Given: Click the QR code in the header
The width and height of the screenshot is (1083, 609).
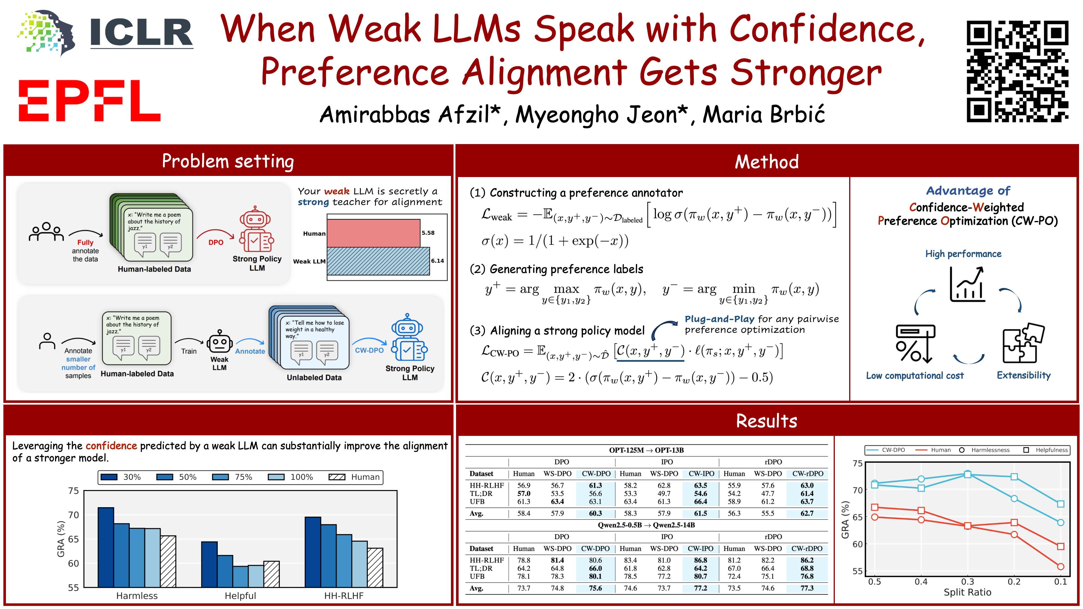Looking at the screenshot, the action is tap(1017, 71).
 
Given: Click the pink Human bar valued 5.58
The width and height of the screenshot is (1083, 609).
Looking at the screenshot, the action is tap(373, 233).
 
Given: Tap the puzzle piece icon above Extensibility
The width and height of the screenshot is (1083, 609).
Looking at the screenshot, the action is tap(1023, 343).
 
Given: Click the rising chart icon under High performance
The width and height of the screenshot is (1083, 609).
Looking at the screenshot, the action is tap(967, 284).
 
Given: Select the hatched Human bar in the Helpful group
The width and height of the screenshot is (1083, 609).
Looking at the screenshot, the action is tap(271, 574).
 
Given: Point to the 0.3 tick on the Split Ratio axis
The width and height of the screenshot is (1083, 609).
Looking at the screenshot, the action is tap(967, 582).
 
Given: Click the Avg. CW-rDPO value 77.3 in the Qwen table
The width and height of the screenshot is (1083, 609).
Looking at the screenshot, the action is tap(807, 588).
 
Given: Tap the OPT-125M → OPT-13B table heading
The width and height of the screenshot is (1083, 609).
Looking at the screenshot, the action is tap(646, 450).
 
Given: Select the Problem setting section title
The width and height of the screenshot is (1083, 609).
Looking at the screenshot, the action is tap(228, 161).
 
